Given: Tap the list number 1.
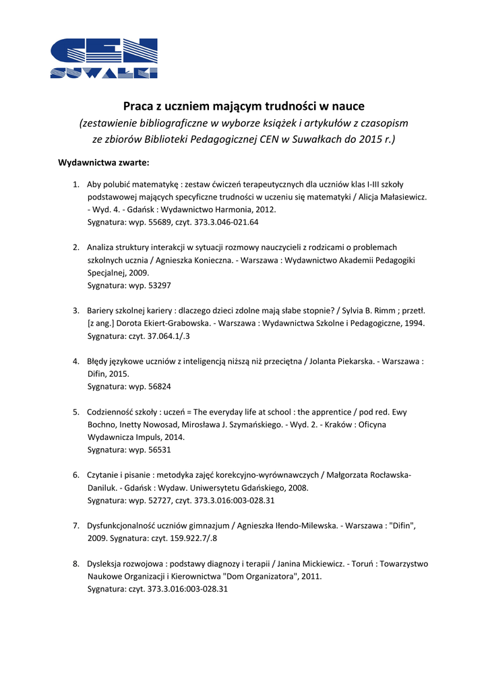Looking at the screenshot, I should [x=76, y=184].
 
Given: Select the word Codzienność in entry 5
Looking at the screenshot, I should [x=113, y=412].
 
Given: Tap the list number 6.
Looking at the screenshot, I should [x=76, y=475].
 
